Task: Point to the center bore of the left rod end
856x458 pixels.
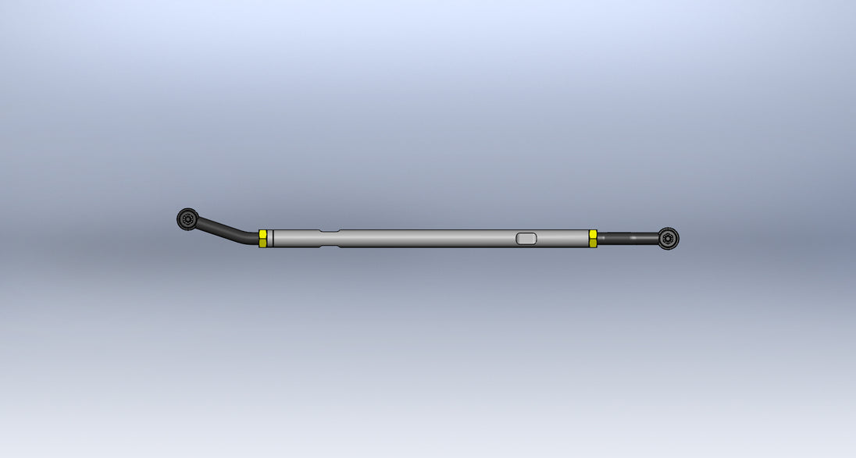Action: (187, 219)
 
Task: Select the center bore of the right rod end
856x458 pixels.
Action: (668, 238)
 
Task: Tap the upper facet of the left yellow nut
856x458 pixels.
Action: (262, 234)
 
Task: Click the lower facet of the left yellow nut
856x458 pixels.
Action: (262, 243)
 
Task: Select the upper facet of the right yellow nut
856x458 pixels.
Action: (593, 234)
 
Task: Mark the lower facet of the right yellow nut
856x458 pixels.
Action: (593, 243)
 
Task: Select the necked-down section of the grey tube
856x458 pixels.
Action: (330, 238)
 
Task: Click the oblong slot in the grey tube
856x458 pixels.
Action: (527, 238)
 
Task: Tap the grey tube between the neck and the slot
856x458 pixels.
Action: (430, 238)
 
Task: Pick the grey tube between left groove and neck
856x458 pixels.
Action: (297, 238)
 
